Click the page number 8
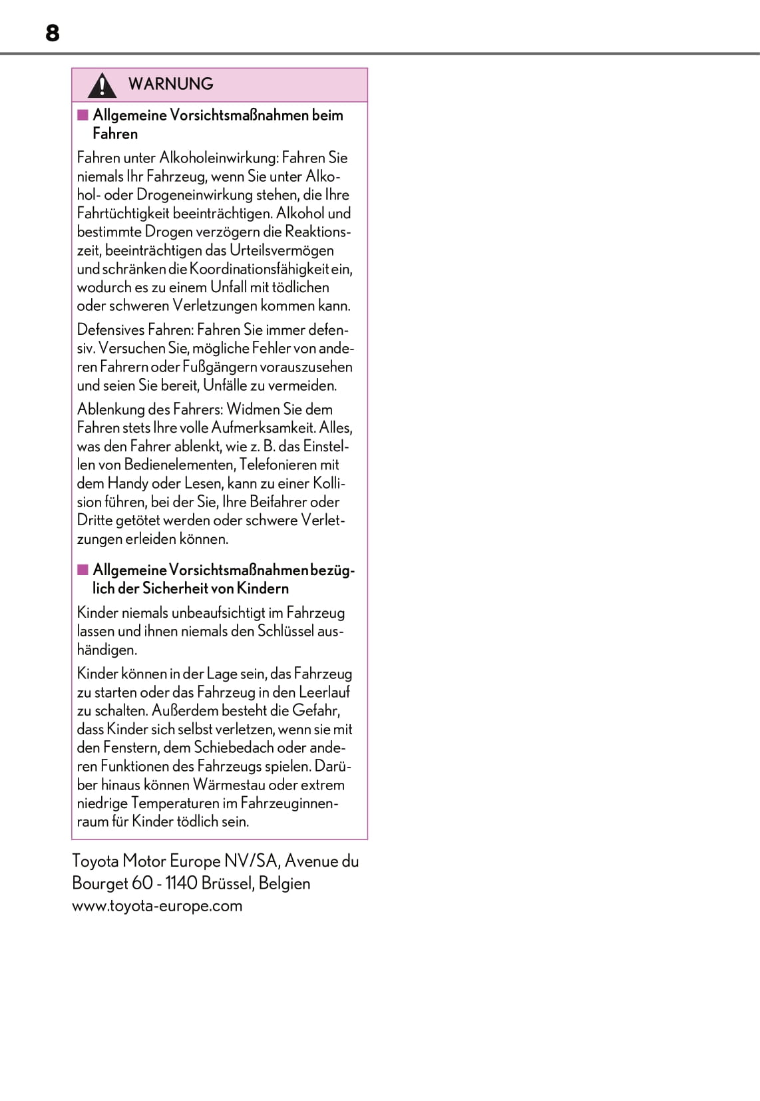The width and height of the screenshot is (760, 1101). [53, 33]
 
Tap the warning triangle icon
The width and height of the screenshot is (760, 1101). [102, 85]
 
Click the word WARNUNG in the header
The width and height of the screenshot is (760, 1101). [171, 84]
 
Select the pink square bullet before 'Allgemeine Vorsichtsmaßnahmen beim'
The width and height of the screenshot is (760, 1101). [83, 115]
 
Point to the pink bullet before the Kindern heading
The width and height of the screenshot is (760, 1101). [83, 570]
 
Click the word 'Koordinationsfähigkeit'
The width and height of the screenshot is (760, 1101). [260, 269]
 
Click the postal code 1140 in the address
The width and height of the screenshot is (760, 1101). [182, 883]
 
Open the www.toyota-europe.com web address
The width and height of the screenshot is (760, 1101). [157, 906]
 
